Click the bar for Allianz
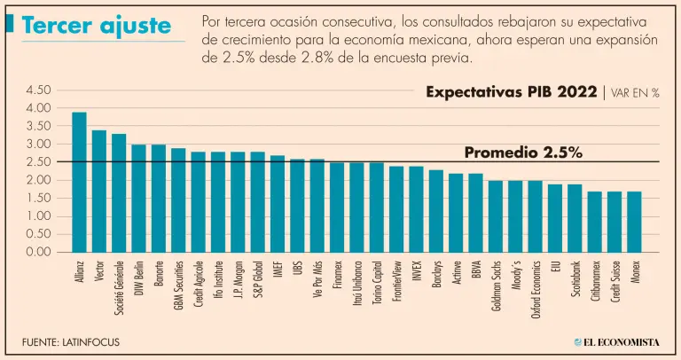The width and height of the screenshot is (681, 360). click(x=79, y=182)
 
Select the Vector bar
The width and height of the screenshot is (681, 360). click(x=99, y=191)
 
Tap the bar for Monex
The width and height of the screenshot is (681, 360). click(x=634, y=222)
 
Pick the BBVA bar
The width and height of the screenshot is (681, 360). click(x=475, y=213)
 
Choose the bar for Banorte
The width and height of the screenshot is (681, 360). click(x=159, y=198)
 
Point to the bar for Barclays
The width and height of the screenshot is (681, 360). click(x=435, y=211)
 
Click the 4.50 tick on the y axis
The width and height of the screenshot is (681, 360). click(x=40, y=90)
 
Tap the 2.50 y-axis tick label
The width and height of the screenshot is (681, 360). click(x=40, y=161)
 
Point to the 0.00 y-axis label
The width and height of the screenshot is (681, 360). click(x=40, y=252)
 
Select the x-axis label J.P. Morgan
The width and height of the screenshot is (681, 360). click(x=238, y=278)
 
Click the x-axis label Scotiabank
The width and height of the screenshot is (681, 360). click(x=575, y=280)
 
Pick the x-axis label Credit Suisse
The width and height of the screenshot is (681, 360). click(x=614, y=283)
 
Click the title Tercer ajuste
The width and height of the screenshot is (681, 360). click(x=97, y=26)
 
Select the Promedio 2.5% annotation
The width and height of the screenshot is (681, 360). click(x=523, y=153)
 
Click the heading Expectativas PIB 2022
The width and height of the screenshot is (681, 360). click(x=511, y=92)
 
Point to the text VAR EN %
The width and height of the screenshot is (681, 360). click(x=635, y=93)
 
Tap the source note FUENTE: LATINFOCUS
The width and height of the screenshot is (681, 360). click(x=71, y=341)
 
